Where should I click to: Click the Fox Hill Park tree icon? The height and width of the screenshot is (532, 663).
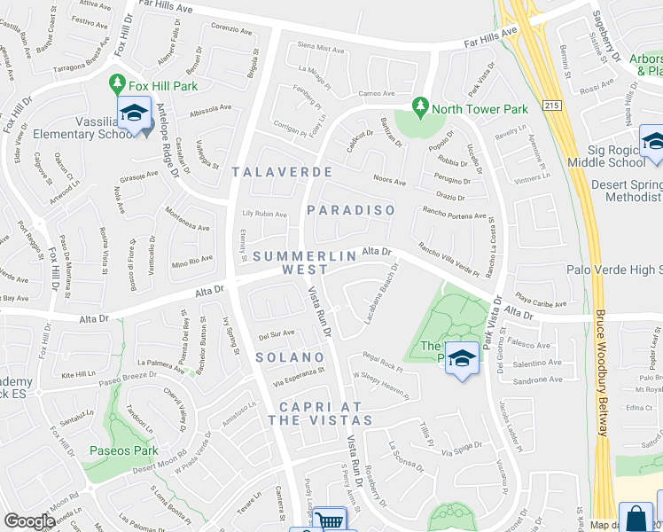[116, 85]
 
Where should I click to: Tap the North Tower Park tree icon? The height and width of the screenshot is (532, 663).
[421, 109]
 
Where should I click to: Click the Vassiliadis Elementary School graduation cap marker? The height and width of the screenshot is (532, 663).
[133, 114]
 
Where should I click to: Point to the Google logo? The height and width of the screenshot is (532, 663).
[29, 521]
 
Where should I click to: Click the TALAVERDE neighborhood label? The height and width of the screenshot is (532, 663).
[282, 171]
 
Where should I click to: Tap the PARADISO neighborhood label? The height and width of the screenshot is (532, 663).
[350, 210]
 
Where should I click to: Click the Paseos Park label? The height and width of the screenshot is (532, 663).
[123, 450]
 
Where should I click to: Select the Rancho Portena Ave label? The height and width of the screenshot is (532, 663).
[455, 214]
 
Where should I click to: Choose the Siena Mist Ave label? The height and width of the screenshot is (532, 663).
[319, 48]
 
